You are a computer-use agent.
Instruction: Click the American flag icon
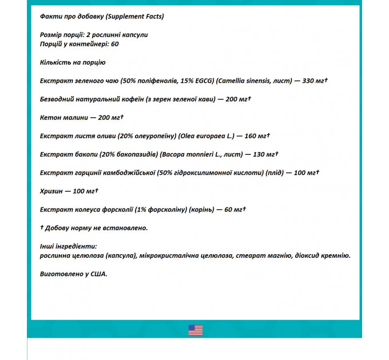pyautogui.click(x=195, y=330)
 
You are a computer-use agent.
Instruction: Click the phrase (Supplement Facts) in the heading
pyautogui.click(x=135, y=16)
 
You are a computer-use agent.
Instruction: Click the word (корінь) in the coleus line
pyautogui.click(x=197, y=210)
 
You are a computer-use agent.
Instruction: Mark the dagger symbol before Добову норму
pyautogui.click(x=42, y=227)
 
